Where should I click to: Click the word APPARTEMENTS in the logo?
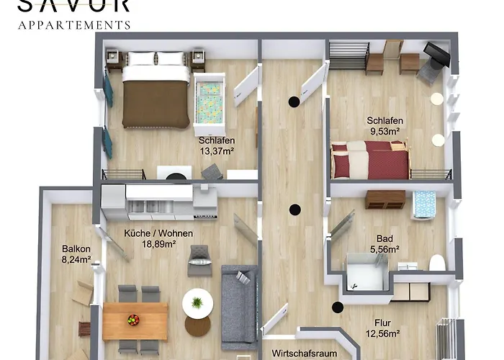[74, 24]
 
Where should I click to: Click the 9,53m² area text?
[384, 132]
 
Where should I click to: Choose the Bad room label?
[384, 238]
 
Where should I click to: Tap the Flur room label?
[382, 323]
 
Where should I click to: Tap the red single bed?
[370, 159]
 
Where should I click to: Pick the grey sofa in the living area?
[238, 307]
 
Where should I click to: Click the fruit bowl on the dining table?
[133, 319]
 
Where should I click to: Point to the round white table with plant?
[197, 303]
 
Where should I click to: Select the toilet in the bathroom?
[437, 262]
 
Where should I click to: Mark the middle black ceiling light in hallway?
[294, 210]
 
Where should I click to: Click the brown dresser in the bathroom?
[384, 199]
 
